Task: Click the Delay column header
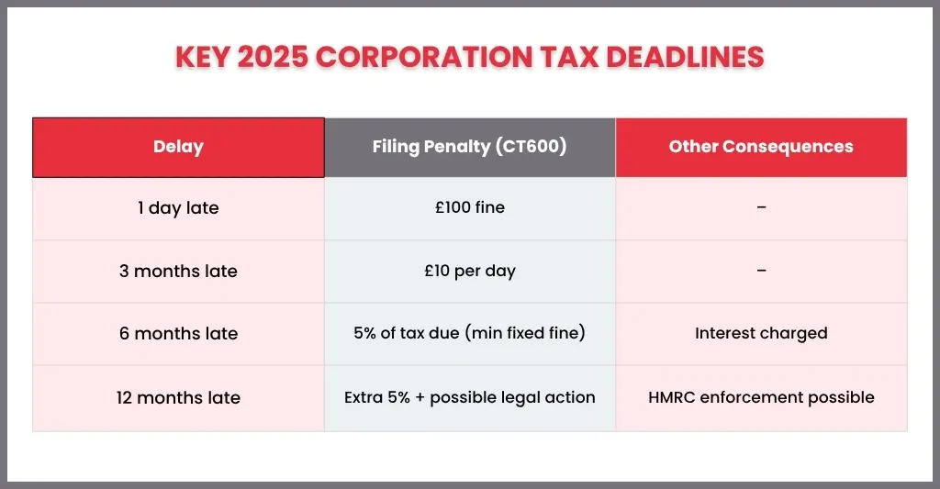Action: tap(178, 147)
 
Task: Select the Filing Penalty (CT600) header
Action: tap(469, 147)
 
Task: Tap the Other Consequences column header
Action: tap(761, 147)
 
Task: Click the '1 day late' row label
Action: tap(178, 208)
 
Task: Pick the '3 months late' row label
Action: tap(178, 271)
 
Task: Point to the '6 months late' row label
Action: tap(178, 333)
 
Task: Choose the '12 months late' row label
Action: tap(178, 397)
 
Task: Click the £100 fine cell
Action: tap(470, 207)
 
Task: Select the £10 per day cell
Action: tap(470, 271)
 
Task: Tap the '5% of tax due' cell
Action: tap(469, 333)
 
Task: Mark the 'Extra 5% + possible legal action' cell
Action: tap(469, 397)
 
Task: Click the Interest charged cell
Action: tap(761, 333)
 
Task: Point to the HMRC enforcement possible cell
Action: tap(761, 397)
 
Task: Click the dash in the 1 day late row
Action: tap(761, 207)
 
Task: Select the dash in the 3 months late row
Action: tap(761, 271)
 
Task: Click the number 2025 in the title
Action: tap(273, 58)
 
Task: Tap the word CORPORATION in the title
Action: tap(424, 58)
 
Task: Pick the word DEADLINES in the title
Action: tap(685, 58)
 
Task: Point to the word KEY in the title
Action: tap(203, 58)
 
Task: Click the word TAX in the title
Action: tap(569, 58)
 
